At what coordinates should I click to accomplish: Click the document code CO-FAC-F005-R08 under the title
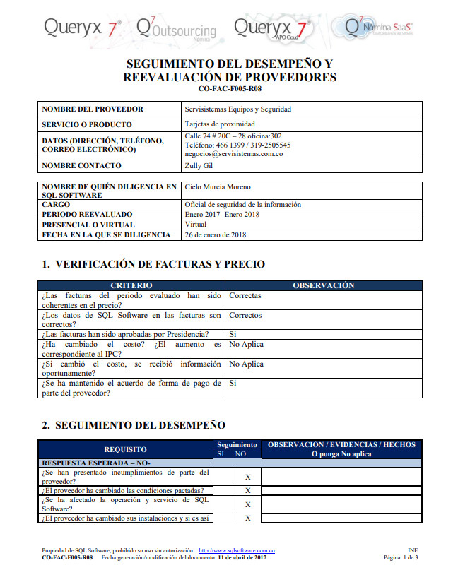tap(230, 89)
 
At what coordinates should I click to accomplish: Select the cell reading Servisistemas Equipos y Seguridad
tap(237, 109)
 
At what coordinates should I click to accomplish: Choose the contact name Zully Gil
tap(199, 166)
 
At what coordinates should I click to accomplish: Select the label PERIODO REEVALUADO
tap(87, 214)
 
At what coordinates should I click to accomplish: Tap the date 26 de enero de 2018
tap(216, 234)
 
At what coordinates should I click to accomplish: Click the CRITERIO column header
tap(131, 285)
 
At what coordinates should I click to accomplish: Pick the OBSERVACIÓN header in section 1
tap(323, 285)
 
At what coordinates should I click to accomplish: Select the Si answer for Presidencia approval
tap(233, 334)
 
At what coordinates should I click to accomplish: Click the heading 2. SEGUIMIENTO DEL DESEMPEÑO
tap(134, 425)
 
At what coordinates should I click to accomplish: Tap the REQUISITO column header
tap(125, 449)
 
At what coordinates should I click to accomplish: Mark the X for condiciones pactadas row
tap(248, 490)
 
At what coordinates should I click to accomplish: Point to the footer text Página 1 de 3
tap(401, 557)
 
